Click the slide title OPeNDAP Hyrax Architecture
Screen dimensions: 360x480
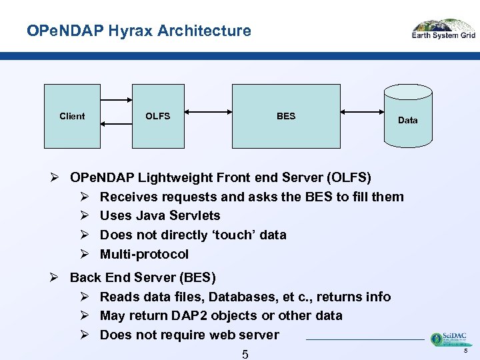click(139, 31)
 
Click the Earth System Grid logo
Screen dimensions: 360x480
click(443, 29)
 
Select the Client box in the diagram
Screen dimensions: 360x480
click(72, 116)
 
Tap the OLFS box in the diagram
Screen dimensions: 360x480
click(158, 116)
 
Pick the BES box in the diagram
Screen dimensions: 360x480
click(285, 116)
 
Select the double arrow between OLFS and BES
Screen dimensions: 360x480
click(208, 113)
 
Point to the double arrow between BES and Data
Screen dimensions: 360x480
click(362, 113)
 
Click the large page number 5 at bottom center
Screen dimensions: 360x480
click(245, 353)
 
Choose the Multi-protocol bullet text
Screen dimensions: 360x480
click(144, 254)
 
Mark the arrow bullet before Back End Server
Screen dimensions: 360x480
click(56, 277)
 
